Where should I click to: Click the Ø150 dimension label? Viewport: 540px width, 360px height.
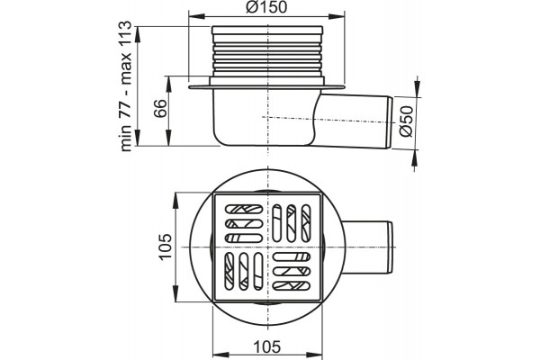(x=266, y=7)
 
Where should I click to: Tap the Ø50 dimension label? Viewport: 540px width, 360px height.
(x=406, y=121)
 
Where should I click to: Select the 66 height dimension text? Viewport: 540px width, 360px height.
(x=160, y=109)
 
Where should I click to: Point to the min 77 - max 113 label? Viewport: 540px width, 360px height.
(x=125, y=86)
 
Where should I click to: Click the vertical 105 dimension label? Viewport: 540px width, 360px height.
(x=166, y=247)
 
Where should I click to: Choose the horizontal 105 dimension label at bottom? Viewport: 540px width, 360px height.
(x=267, y=346)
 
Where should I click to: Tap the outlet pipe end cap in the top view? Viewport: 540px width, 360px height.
(x=389, y=248)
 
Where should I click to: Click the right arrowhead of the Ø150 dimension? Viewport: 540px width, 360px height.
(x=337, y=16)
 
